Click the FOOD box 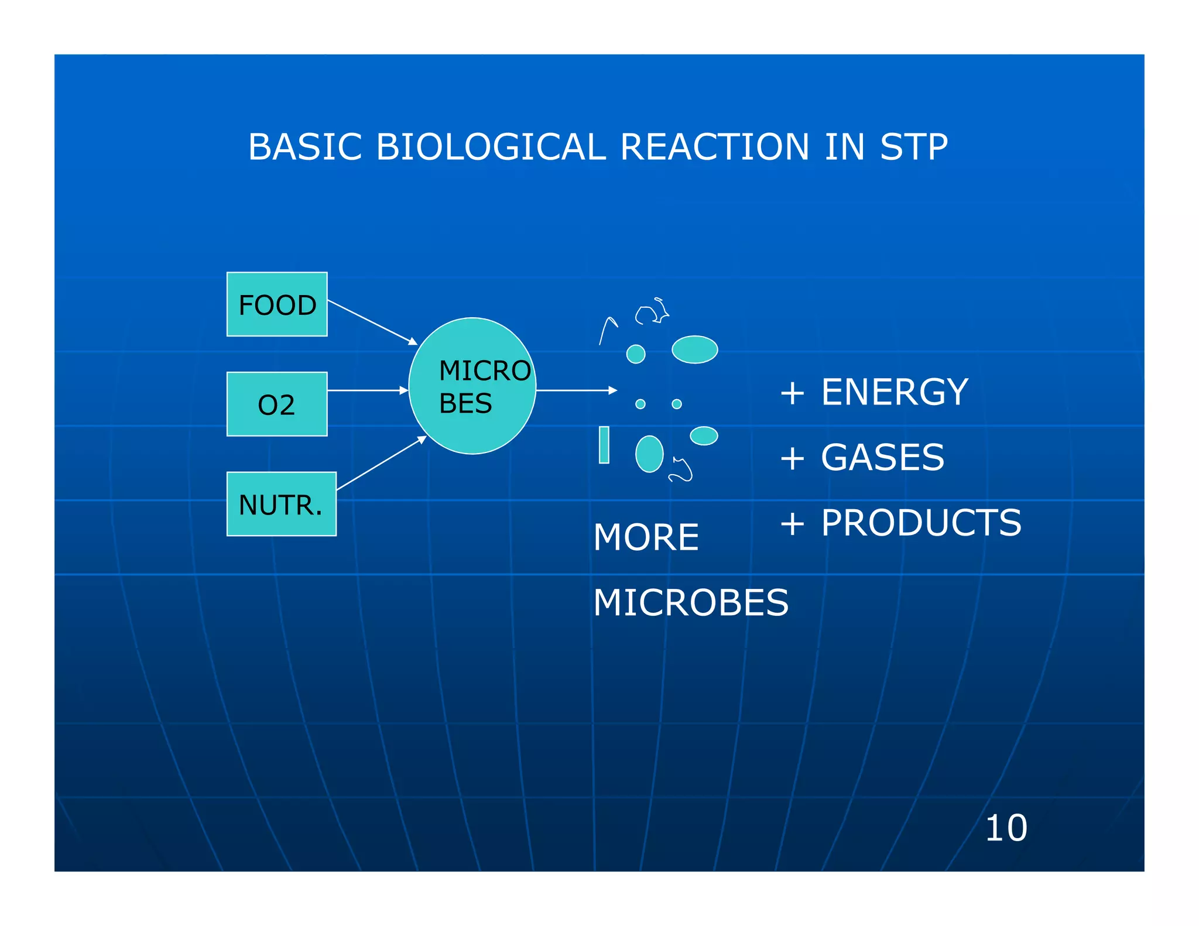(277, 304)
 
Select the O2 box (277, 404)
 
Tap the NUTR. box (281, 504)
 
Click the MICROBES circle (472, 386)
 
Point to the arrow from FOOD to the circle (372, 322)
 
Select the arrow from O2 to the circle (368, 390)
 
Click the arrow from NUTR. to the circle (381, 463)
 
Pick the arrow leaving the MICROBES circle (576, 390)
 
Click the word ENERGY (894, 392)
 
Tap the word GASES (882, 457)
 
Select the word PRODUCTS (921, 523)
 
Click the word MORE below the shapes (646, 537)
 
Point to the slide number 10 (1006, 828)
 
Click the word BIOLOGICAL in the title (491, 147)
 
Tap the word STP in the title (914, 147)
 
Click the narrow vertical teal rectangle (604, 445)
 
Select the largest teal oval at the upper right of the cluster (694, 349)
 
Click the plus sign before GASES (792, 458)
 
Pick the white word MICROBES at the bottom (691, 603)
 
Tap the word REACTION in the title (715, 147)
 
